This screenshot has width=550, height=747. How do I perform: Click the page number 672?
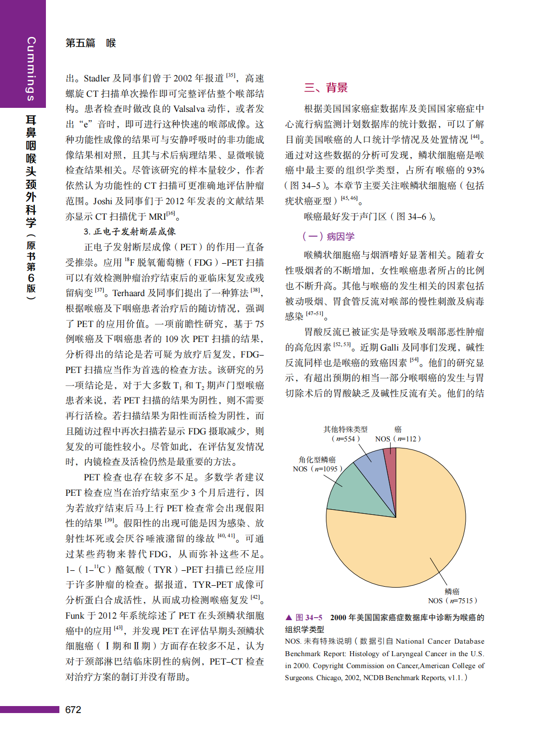click(x=73, y=710)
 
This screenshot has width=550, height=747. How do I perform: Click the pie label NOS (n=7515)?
click(x=453, y=601)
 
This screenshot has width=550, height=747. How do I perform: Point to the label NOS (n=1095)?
click(x=317, y=469)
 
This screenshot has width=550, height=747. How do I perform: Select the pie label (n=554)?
click(x=345, y=439)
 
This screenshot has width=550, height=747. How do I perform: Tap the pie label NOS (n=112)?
click(x=398, y=439)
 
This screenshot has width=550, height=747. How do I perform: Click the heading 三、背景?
click(x=326, y=88)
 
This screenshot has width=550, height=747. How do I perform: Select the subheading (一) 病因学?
click(x=328, y=236)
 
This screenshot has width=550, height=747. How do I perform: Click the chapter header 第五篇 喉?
click(x=90, y=43)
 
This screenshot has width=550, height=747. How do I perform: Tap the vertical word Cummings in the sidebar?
click(x=31, y=68)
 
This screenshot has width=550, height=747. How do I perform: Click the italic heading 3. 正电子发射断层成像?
click(x=130, y=232)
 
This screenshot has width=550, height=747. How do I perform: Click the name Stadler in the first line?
click(x=97, y=78)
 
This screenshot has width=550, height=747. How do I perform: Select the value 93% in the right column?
click(x=476, y=170)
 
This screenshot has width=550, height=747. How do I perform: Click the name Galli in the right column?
click(x=389, y=348)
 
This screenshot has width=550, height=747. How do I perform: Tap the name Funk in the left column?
click(x=75, y=616)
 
